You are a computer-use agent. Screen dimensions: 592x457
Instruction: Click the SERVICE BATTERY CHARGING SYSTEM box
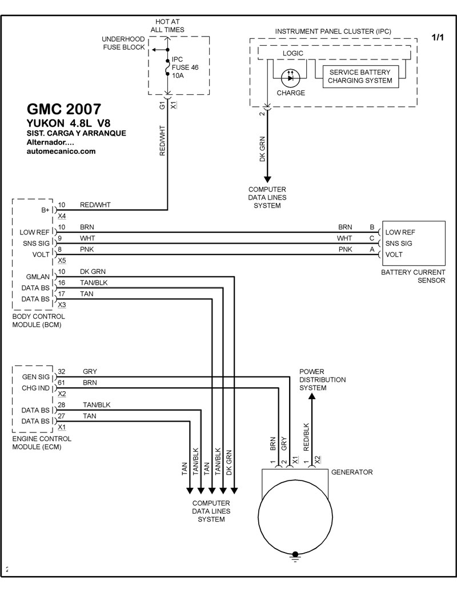click(x=360, y=76)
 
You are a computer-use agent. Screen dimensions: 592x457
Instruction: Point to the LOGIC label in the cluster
click(x=293, y=53)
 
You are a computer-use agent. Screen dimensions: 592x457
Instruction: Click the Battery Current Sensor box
click(x=414, y=244)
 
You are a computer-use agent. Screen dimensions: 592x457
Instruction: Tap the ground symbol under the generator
click(x=295, y=555)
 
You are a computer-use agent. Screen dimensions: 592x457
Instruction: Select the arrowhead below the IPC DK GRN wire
click(x=267, y=180)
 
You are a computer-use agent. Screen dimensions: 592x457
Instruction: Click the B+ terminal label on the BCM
click(x=46, y=210)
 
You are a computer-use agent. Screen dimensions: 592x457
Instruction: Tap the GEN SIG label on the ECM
click(x=37, y=377)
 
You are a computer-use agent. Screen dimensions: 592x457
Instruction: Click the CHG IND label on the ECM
click(x=37, y=388)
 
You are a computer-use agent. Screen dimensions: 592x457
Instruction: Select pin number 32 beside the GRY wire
click(x=62, y=371)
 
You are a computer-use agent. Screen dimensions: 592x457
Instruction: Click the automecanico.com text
click(x=61, y=152)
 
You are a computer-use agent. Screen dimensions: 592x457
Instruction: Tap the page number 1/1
click(x=437, y=38)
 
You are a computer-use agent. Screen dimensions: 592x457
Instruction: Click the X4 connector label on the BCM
click(x=62, y=216)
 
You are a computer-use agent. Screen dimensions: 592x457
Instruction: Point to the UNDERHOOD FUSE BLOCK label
click(x=123, y=43)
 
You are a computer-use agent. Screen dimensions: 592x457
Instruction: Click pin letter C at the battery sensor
click(x=372, y=238)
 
